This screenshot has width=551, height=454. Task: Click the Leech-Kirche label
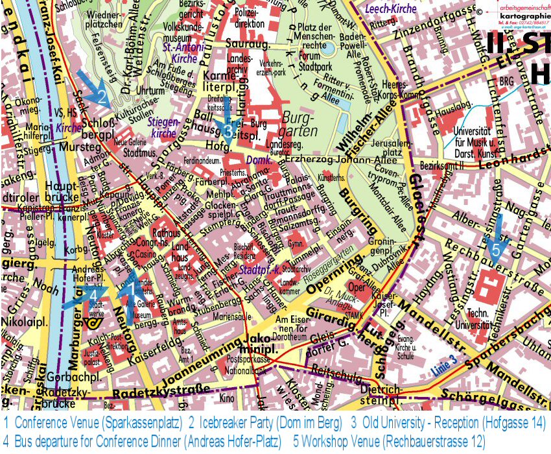[x=391, y=9]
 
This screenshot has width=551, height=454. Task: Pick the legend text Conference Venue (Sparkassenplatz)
[x=98, y=423]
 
